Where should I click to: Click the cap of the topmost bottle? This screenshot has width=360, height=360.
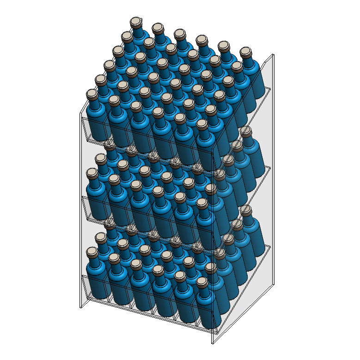point(135,22)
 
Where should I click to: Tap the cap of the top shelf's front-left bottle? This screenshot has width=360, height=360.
point(92,94)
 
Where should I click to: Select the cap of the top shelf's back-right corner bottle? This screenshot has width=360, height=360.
point(245,51)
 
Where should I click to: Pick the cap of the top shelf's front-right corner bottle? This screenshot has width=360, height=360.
point(202,124)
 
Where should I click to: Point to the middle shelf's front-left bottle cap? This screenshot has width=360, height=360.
point(92,173)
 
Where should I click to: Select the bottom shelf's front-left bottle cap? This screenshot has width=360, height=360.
point(92,251)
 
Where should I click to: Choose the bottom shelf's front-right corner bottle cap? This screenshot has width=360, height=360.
point(211,267)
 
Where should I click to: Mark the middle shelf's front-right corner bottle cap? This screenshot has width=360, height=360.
point(211,189)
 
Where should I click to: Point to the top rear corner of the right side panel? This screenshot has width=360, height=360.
point(273,55)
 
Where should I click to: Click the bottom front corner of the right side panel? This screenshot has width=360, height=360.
point(213,343)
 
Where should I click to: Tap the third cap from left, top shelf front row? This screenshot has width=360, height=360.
point(136,106)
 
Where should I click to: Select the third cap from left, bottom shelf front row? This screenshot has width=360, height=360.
point(136,263)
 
